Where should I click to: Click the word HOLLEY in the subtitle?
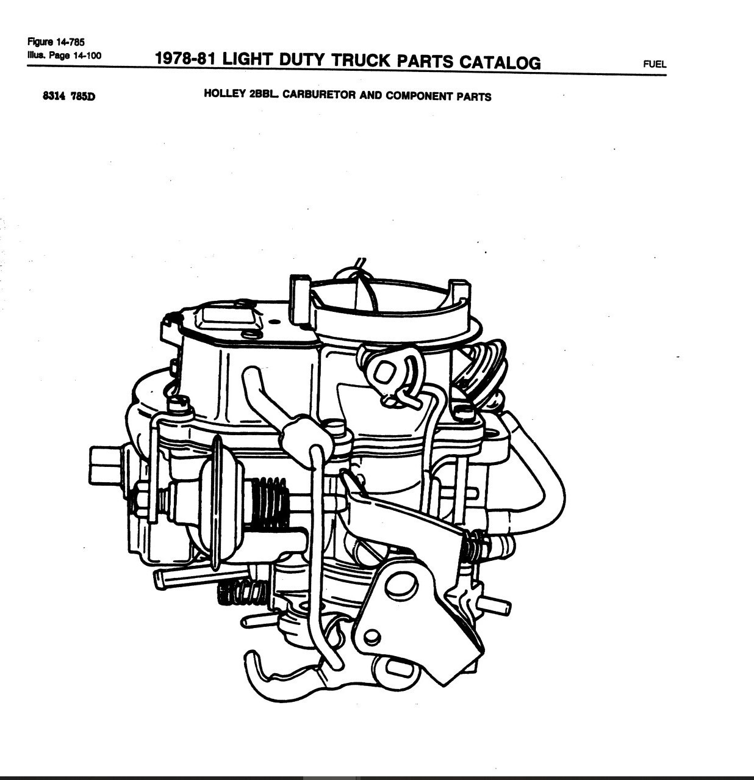click(224, 95)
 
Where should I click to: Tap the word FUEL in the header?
click(655, 63)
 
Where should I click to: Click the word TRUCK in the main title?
click(361, 60)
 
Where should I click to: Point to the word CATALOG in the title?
click(500, 62)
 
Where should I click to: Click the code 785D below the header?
click(83, 96)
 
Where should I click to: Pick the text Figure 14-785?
click(56, 42)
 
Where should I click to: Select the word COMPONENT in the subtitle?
click(420, 96)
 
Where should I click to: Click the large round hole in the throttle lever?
click(400, 586)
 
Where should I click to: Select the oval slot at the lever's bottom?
click(400, 670)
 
